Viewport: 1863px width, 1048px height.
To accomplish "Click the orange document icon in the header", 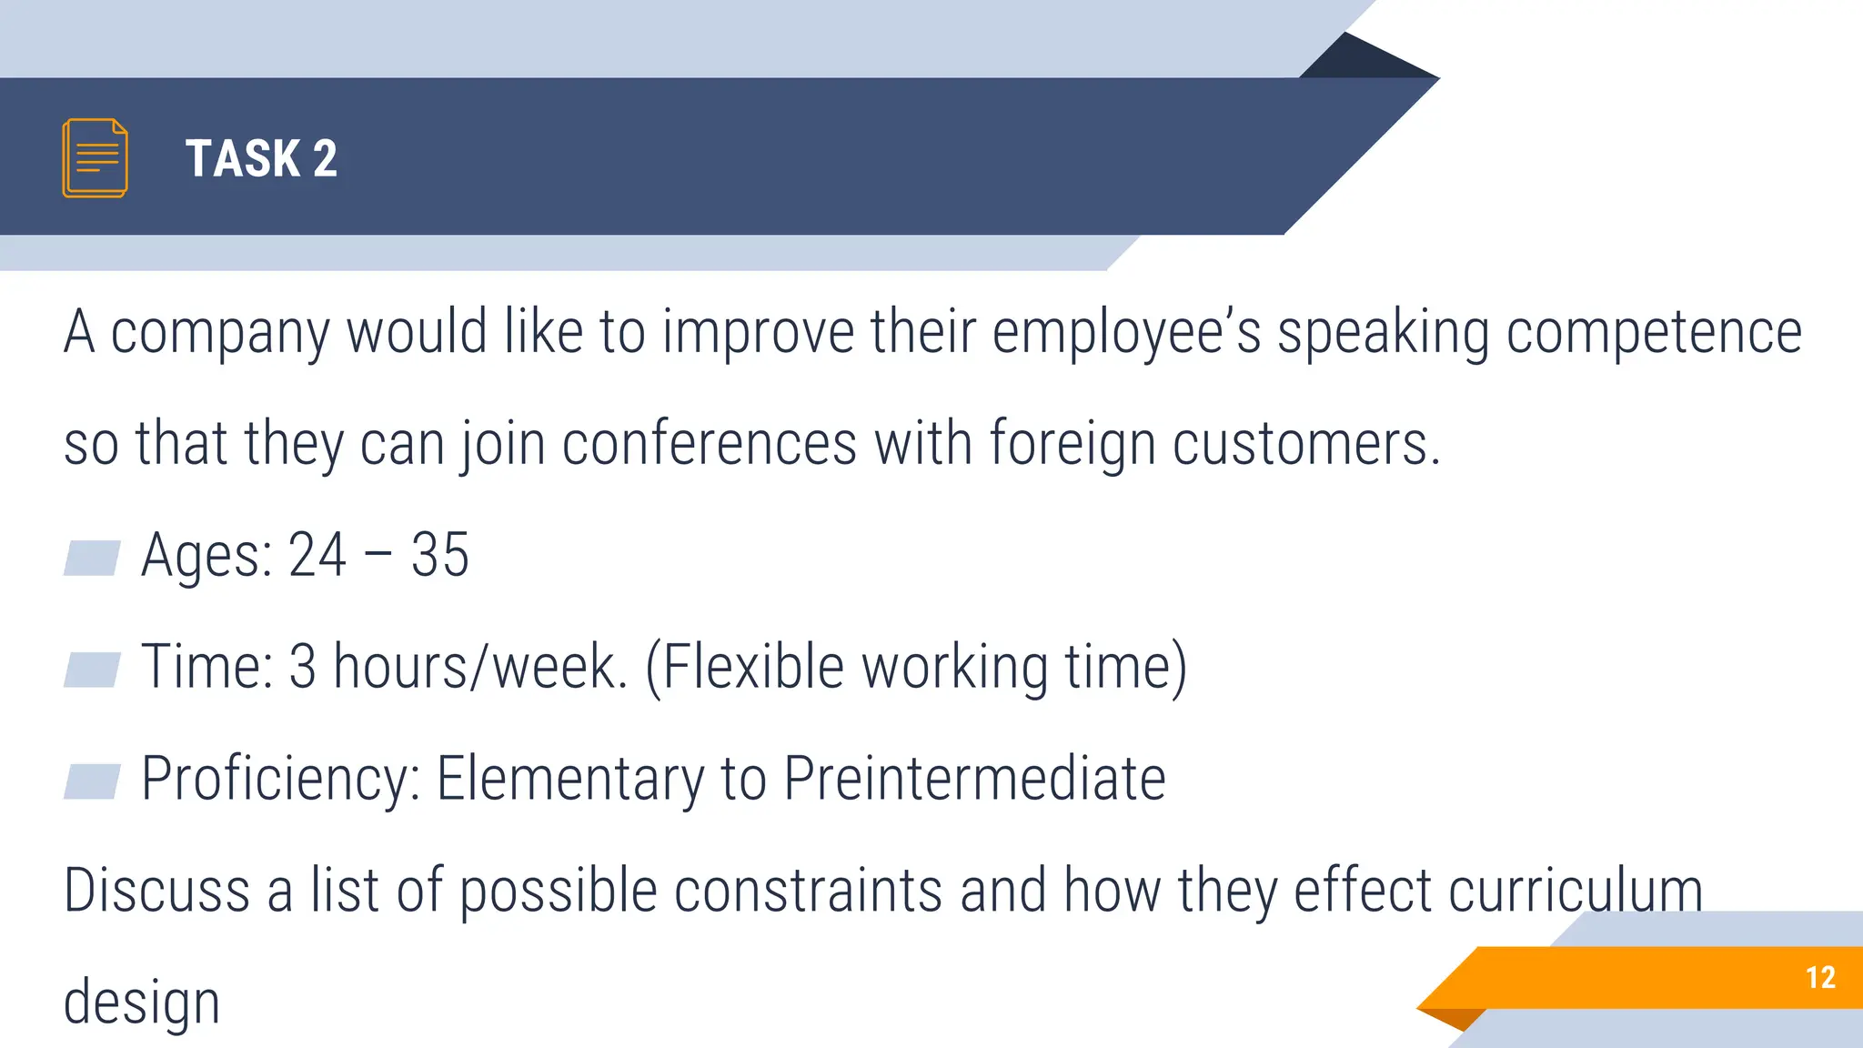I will pyautogui.click(x=95, y=157).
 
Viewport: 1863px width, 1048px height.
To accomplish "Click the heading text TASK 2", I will pyautogui.click(x=261, y=158).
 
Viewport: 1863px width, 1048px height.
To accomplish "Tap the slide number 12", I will pyautogui.click(x=1820, y=977).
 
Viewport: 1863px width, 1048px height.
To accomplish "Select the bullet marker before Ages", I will pyautogui.click(x=92, y=558).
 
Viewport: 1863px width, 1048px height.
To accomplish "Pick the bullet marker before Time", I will pyautogui.click(x=92, y=670).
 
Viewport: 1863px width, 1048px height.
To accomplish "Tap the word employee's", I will pyautogui.click(x=1126, y=333).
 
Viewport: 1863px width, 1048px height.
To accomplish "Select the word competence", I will pyautogui.click(x=1653, y=333).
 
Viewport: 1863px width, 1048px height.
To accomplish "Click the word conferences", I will pyautogui.click(x=709, y=445).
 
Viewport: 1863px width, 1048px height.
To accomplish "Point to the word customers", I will pyautogui.click(x=1305, y=445).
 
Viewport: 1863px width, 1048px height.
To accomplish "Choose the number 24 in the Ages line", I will pyautogui.click(x=317, y=555).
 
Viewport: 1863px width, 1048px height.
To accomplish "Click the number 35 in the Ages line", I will pyautogui.click(x=439, y=555).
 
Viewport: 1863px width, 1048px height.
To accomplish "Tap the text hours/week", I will pyautogui.click(x=480, y=667).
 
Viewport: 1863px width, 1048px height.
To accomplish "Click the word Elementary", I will pyautogui.click(x=570, y=779).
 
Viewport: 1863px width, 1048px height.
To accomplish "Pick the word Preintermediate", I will pyautogui.click(x=974, y=779).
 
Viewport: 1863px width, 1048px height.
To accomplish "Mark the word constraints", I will pyautogui.click(x=808, y=891).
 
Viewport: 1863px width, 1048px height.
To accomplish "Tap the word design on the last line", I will pyautogui.click(x=142, y=1003).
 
